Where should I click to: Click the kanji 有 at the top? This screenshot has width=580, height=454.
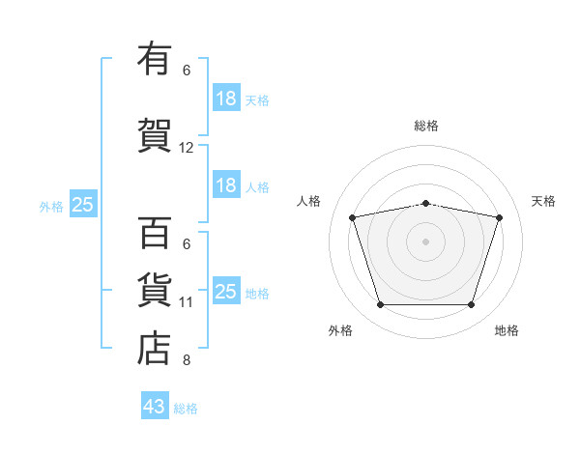(x=155, y=58)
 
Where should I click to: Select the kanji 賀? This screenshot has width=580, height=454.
(x=155, y=135)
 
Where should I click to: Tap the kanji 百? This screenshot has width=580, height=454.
(x=155, y=233)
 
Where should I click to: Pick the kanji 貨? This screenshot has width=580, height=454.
(x=155, y=290)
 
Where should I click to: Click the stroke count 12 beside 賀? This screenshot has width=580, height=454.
(x=186, y=148)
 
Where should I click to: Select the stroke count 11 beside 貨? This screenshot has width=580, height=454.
(x=186, y=302)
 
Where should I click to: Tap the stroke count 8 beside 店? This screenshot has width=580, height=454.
(x=187, y=360)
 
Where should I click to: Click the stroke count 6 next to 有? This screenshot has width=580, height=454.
(x=187, y=71)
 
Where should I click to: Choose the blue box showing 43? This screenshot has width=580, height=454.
(x=155, y=405)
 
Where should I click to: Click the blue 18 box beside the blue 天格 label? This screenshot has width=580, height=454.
(x=227, y=98)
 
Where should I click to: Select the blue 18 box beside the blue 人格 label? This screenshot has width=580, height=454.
(x=227, y=184)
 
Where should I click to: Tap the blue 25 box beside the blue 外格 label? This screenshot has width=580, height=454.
(x=83, y=204)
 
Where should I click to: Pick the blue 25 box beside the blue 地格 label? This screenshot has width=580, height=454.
(x=227, y=290)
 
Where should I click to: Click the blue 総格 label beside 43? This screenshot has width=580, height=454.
(x=186, y=409)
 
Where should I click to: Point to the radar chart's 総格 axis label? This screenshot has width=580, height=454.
(x=426, y=126)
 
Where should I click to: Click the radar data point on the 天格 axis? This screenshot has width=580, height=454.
(x=499, y=217)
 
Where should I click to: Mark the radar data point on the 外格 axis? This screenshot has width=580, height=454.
(x=380, y=305)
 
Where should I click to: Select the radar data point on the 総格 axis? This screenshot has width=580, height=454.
(x=425, y=204)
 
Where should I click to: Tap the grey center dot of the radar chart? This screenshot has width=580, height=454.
(x=425, y=241)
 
